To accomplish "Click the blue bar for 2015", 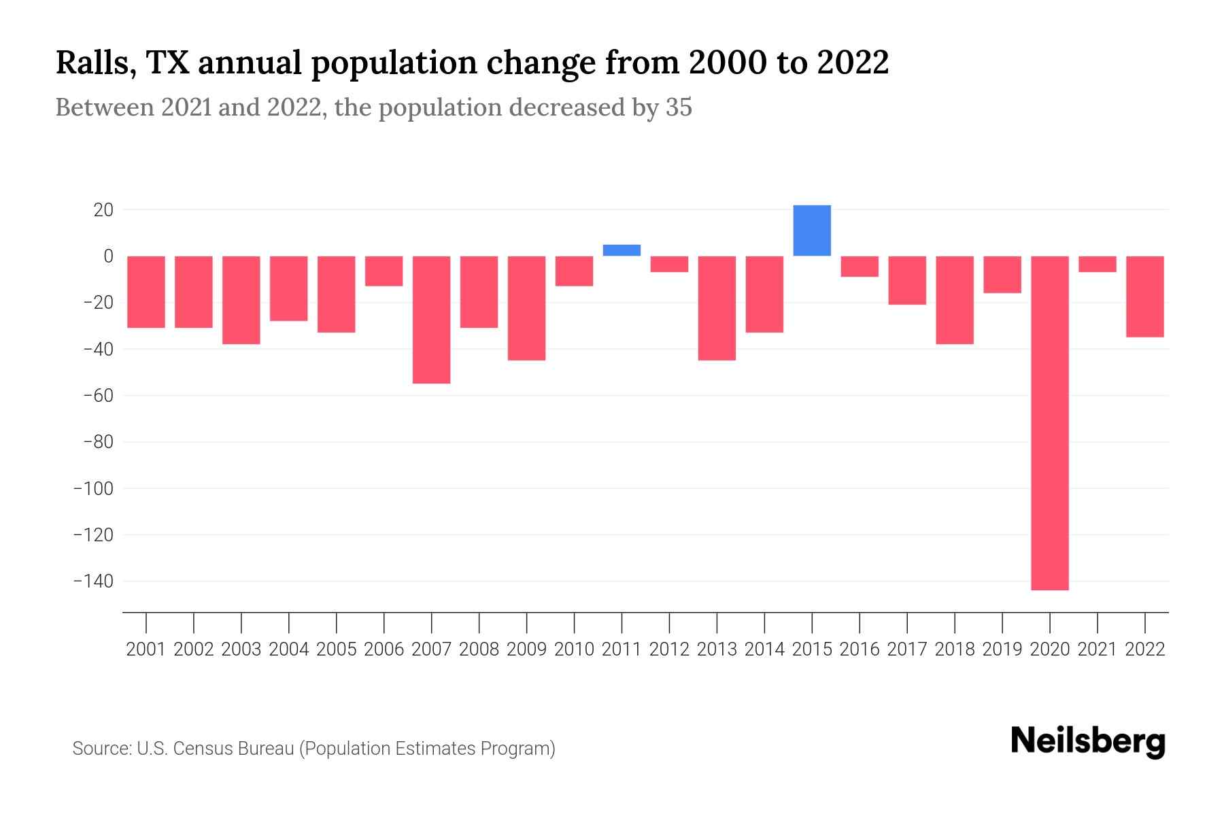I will (812, 231).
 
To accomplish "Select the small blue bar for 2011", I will (622, 250).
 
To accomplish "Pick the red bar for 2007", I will (431, 320).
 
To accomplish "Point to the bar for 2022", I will (1145, 296).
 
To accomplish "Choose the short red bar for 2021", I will (1098, 264).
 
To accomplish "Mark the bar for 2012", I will (669, 264).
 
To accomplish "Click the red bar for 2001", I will (146, 292).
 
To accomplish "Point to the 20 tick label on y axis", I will (103, 209).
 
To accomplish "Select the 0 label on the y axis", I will (108, 256).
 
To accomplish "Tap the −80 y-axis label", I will (98, 442).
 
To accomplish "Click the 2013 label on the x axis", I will (717, 649).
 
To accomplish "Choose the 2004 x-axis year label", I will (289, 649).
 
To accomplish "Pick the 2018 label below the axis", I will (955, 649).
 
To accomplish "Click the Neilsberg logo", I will (1088, 741).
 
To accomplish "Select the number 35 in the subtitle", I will (679, 107).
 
